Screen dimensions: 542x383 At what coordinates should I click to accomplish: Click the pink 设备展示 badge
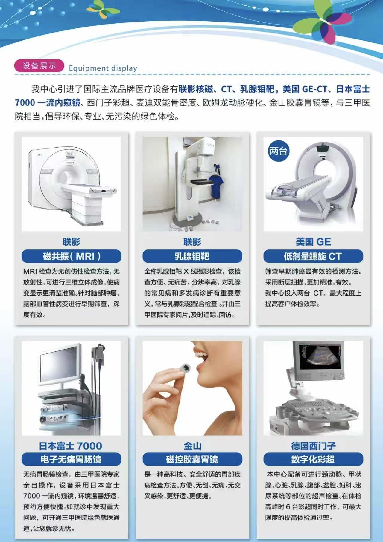39,66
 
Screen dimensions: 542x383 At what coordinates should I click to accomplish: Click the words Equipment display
103,68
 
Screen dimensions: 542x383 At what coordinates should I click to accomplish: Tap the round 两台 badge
279,151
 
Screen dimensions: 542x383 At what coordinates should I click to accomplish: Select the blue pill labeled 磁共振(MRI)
71,256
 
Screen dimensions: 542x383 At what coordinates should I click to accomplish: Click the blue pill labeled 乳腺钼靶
192,256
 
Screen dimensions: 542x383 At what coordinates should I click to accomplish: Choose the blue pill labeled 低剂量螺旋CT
313,256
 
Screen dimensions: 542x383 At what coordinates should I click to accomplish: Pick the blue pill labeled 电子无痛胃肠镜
71,459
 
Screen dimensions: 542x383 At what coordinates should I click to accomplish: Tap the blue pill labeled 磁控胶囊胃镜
192,459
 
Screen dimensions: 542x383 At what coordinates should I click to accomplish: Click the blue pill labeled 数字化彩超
313,459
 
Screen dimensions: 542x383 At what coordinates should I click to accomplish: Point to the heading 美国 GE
313,242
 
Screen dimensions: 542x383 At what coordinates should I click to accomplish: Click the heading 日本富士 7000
71,446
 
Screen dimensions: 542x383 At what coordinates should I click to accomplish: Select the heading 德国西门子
313,446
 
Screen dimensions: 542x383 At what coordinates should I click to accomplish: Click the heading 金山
192,446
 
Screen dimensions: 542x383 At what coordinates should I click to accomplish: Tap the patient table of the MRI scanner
90,189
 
